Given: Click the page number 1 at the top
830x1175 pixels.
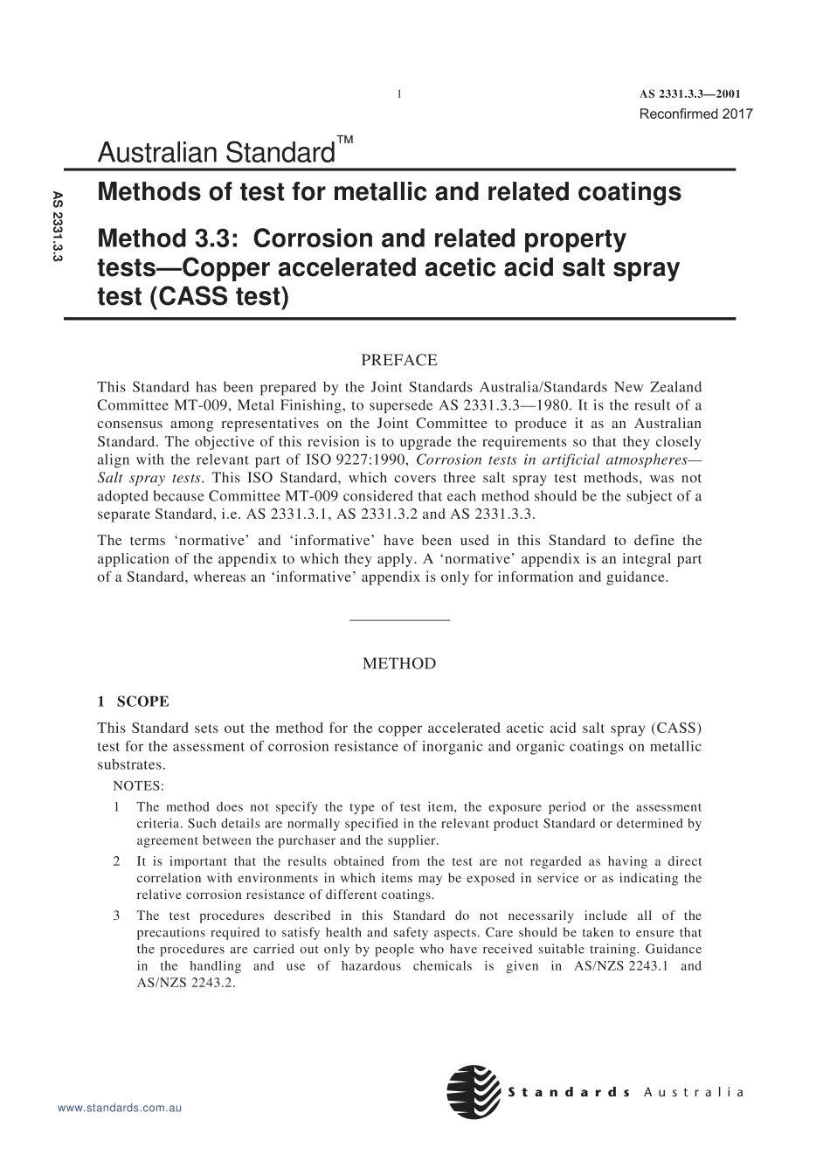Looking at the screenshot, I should tap(398, 94).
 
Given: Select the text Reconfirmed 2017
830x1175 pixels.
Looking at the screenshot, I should tap(695, 114).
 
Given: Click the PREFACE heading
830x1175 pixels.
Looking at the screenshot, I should tap(399, 360).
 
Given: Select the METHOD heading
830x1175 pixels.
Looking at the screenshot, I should tap(399, 664).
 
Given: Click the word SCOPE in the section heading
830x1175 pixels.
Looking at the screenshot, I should tap(143, 702).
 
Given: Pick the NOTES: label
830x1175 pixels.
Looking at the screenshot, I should tap(138, 786).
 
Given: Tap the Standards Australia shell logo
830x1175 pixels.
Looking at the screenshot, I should tap(474, 1092).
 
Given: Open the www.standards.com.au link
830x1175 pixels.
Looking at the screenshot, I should tap(120, 1108).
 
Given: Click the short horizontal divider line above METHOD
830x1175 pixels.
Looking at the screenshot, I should tap(399, 620).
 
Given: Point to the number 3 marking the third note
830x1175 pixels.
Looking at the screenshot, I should tap(117, 916).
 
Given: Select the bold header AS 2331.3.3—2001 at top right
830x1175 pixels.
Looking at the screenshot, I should tap(690, 94).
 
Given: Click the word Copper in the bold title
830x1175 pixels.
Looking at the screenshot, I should tap(225, 268).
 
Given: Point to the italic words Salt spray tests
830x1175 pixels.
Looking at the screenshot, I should tap(149, 478).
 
